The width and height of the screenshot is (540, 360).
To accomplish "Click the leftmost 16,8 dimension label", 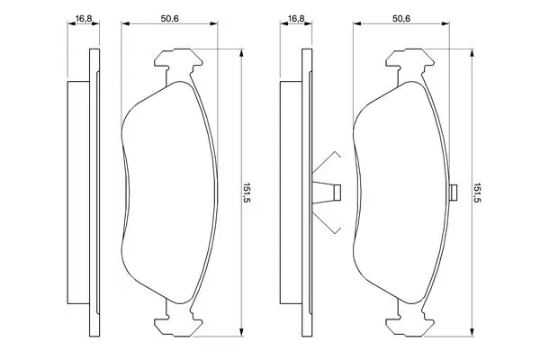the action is [x=84, y=19].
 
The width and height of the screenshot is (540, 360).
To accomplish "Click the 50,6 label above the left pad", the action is [x=170, y=19].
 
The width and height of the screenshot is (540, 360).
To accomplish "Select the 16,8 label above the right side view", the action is [x=296, y=19].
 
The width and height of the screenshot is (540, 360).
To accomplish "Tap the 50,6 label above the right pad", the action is [x=401, y=19].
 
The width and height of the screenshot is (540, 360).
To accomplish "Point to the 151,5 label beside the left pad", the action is [x=246, y=193].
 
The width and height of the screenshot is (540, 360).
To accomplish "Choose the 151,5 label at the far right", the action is [x=477, y=193].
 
